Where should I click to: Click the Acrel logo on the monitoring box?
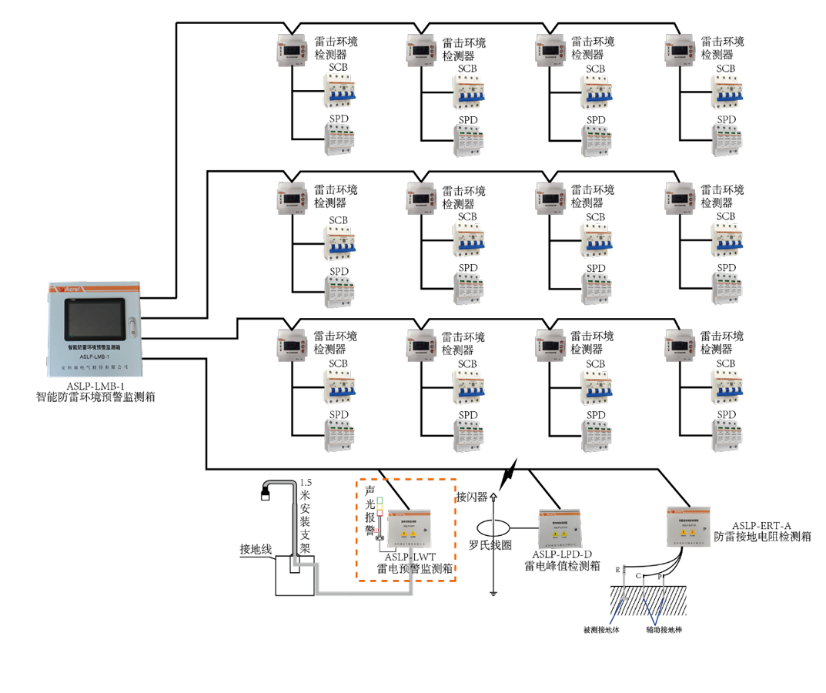click(72, 289)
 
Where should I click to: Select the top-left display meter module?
click(292, 50)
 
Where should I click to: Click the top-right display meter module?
click(681, 50)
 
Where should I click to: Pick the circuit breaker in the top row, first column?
click(339, 91)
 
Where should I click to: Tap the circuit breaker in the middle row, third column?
click(597, 240)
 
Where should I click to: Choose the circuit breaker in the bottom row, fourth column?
click(726, 387)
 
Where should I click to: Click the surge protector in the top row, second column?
click(468, 141)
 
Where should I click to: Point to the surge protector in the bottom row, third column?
click(597, 436)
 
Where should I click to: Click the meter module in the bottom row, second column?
click(421, 346)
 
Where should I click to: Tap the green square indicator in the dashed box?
click(380, 500)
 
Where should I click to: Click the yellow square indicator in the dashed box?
click(380, 507)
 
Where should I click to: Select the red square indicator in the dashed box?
click(380, 513)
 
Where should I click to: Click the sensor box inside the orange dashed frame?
click(409, 528)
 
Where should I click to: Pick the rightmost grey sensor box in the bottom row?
click(688, 527)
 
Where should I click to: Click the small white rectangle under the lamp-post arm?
click(266, 497)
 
